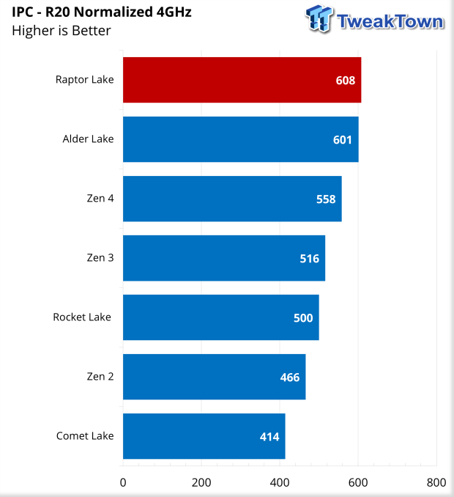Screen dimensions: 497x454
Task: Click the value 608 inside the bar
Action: pyautogui.click(x=346, y=81)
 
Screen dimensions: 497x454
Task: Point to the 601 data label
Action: pyautogui.click(x=343, y=140)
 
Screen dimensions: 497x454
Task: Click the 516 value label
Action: pyautogui.click(x=310, y=259)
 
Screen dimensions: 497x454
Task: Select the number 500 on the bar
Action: pyautogui.click(x=303, y=318)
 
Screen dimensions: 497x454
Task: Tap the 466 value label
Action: pyautogui.click(x=290, y=378)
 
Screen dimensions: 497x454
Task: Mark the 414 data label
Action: pyautogui.click(x=269, y=437)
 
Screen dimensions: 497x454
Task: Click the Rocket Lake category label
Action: pyautogui.click(x=82, y=317)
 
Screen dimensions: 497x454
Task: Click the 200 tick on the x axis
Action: pyautogui.click(x=201, y=482)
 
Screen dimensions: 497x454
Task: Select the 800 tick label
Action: pyautogui.click(x=436, y=482)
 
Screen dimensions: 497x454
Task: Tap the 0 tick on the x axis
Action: pyautogui.click(x=123, y=482)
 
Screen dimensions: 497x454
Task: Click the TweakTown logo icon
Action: pyautogui.click(x=320, y=20)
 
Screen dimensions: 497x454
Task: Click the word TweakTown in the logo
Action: pyautogui.click(x=390, y=21)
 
